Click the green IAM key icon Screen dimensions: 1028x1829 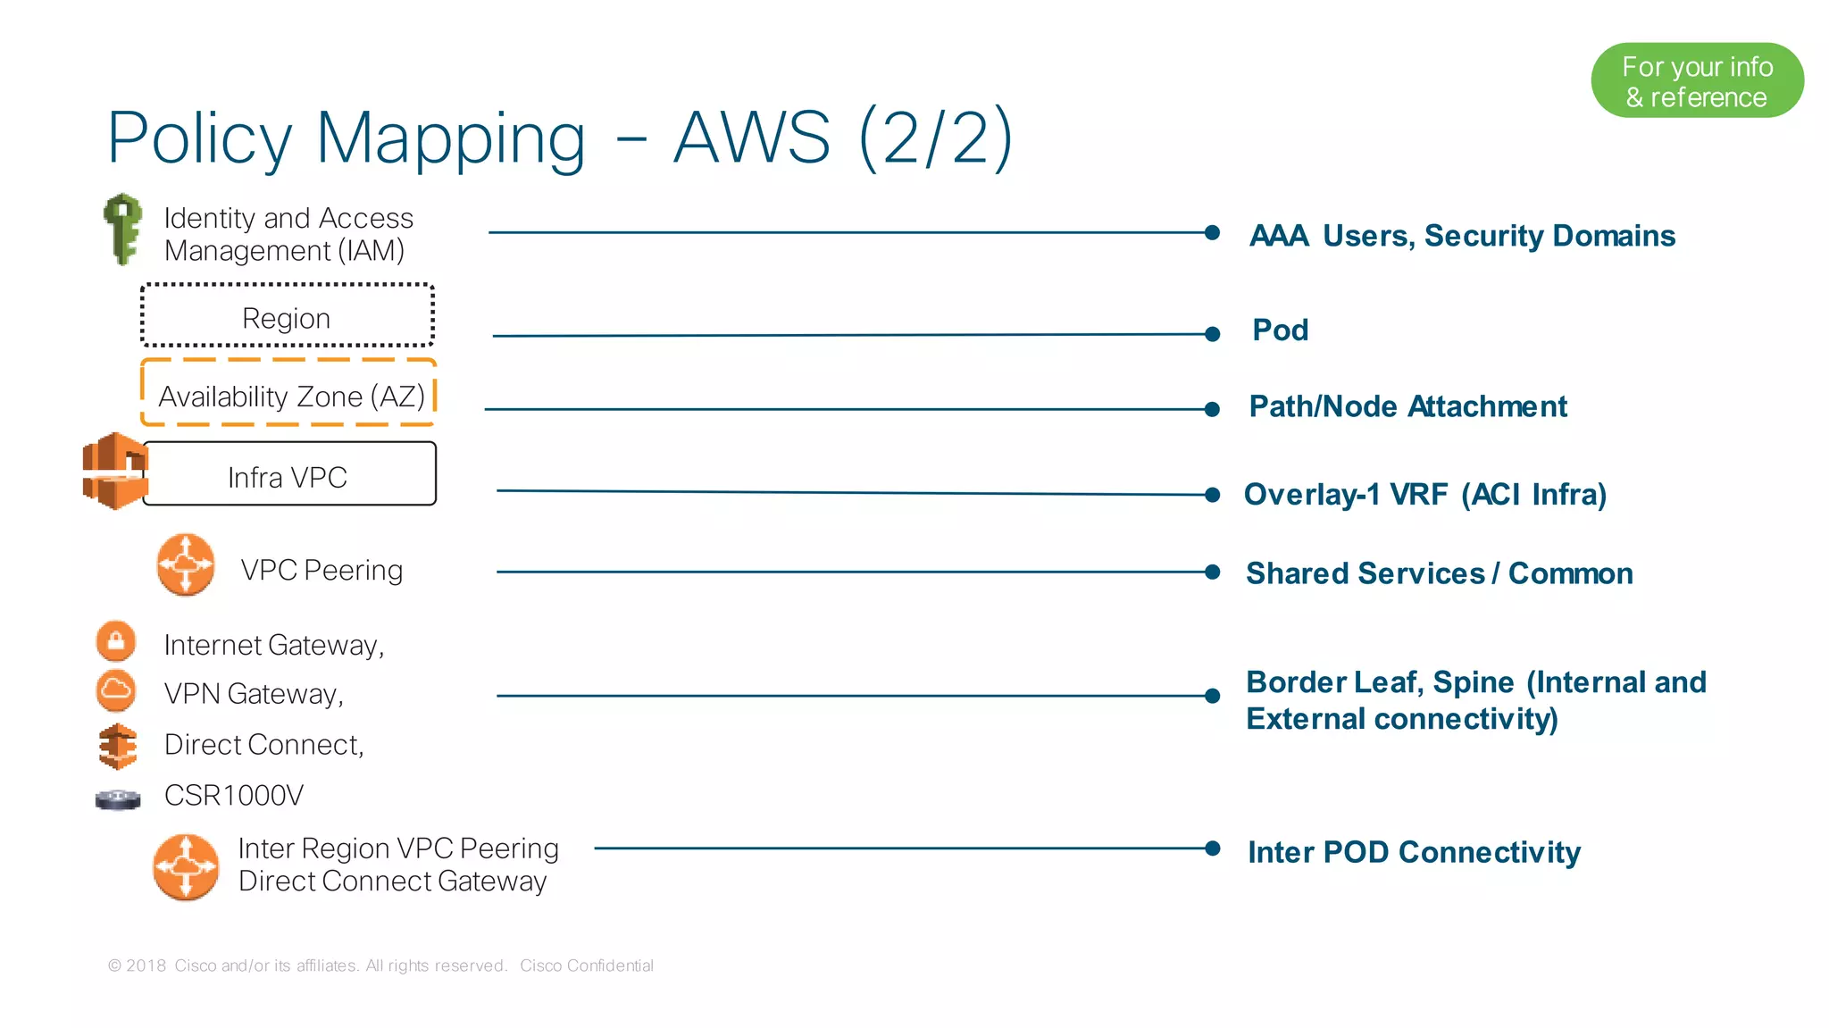122,229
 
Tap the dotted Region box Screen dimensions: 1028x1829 287,316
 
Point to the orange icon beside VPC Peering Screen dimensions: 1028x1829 186,564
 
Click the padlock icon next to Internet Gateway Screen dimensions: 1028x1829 116,641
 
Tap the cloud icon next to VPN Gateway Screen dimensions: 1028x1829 116,690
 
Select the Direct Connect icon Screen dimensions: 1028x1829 118,746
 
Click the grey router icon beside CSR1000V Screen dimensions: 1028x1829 118,798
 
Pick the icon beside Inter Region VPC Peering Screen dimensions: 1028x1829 186,866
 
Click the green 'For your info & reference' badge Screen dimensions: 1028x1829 1696,81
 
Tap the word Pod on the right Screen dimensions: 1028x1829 1280,330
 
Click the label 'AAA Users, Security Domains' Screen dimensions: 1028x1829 1461,236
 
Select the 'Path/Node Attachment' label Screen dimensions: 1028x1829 1407,406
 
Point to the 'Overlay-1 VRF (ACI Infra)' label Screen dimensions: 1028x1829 1424,494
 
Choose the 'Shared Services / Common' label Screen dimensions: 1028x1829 1439,573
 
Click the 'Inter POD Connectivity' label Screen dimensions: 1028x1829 1413,852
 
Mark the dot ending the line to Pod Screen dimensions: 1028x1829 1212,334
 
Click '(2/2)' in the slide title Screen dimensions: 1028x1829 935,138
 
